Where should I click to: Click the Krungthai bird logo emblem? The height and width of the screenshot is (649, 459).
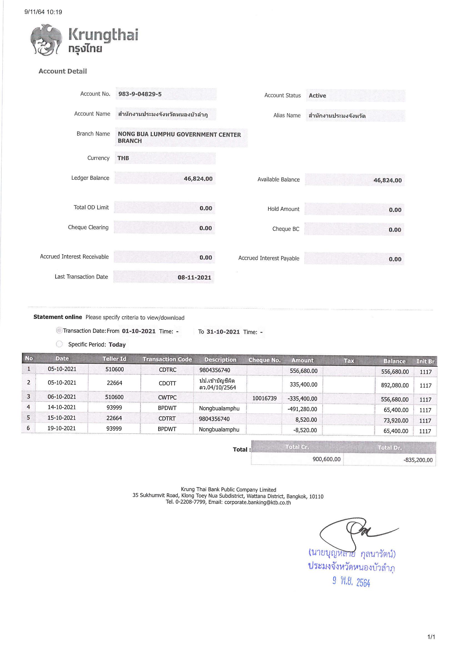[x=46, y=40]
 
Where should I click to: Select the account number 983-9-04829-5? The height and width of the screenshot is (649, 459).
[x=140, y=94]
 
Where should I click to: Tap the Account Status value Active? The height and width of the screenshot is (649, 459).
[x=317, y=95]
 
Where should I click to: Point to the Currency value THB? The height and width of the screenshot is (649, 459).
[x=123, y=158]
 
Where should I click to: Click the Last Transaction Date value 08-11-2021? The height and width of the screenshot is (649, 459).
[x=194, y=277]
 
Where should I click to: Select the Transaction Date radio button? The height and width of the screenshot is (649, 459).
[x=59, y=330]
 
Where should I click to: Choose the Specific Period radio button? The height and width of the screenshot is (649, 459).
[x=59, y=344]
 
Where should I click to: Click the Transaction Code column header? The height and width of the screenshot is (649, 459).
[x=167, y=359]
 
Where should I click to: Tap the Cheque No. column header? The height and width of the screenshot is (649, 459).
[x=264, y=360]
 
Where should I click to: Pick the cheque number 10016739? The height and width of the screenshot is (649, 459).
[x=264, y=398]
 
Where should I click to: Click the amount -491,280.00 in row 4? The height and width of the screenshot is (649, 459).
[x=302, y=409]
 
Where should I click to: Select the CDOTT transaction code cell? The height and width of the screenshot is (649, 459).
[x=167, y=383]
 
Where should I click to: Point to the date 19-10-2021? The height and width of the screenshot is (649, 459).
[x=62, y=428]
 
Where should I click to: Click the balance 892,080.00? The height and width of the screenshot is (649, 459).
[x=395, y=385]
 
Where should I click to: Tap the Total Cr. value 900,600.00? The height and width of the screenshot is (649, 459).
[x=326, y=459]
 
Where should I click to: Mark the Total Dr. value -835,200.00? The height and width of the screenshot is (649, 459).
[x=418, y=460]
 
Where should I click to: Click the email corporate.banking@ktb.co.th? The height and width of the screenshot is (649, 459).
[x=257, y=503]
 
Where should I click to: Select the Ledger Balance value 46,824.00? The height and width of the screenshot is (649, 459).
[x=198, y=179]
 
